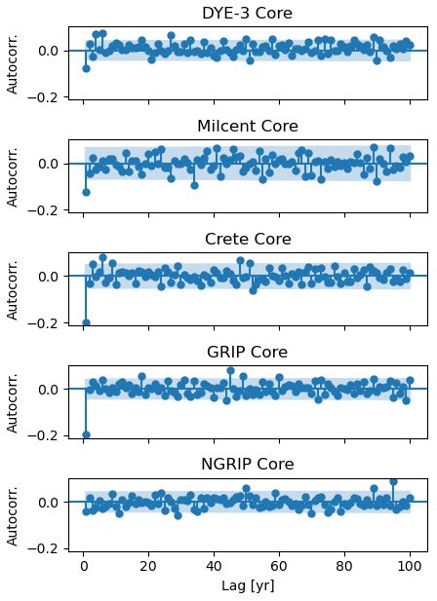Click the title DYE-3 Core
[x=247, y=14]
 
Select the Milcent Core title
[x=247, y=127]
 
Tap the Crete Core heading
[x=247, y=240]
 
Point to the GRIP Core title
[x=247, y=353]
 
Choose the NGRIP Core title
[x=247, y=465]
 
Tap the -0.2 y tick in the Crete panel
[x=46, y=322]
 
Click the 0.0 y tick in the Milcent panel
[x=50, y=164]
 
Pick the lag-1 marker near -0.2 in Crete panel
[x=86, y=322]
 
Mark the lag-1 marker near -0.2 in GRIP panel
[x=86, y=434]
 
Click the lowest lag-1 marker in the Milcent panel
[x=86, y=192]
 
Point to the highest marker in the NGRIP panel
[x=393, y=481]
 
